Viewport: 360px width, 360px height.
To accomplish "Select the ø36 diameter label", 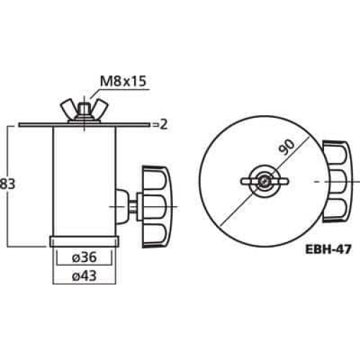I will pyautogui.click(x=85, y=256).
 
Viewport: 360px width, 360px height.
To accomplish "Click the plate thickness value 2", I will pyautogui.click(x=163, y=125).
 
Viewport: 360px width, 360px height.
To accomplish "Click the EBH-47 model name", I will pyautogui.click(x=328, y=248).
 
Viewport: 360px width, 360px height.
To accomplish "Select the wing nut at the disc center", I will pyautogui.click(x=263, y=181).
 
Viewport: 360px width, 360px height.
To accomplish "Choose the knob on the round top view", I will pyautogui.click(x=337, y=181).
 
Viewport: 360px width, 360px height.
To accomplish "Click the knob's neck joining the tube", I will pyautogui.click(x=126, y=205).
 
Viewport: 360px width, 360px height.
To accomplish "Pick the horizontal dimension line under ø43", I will pyautogui.click(x=85, y=284).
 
